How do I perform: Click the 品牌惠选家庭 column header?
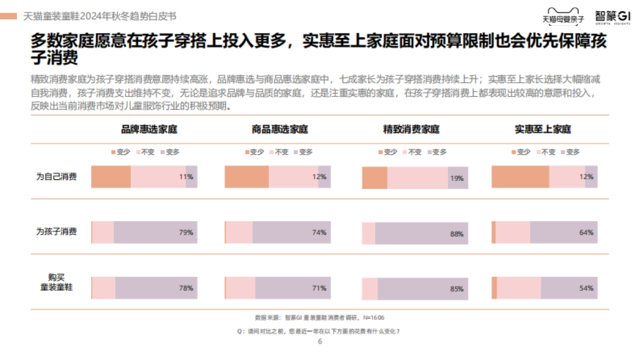pos(149,130)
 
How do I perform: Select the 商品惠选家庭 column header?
pos(279,130)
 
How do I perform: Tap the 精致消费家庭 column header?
pos(411,130)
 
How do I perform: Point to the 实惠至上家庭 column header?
pos(543,130)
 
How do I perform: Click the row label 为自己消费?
pos(56,177)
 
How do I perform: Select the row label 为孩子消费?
pos(56,231)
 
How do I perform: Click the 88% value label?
pos(457,234)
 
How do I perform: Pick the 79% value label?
pos(186,233)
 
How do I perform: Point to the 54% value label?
pos(586,288)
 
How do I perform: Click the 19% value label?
pos(457,179)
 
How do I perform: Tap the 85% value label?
pos(457,289)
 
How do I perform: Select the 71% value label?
pos(319,288)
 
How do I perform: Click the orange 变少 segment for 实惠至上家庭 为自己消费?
pos(520,177)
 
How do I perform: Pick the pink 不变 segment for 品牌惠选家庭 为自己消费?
pos(158,177)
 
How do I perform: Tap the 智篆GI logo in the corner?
pos(612,17)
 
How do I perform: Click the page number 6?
pos(320,342)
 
